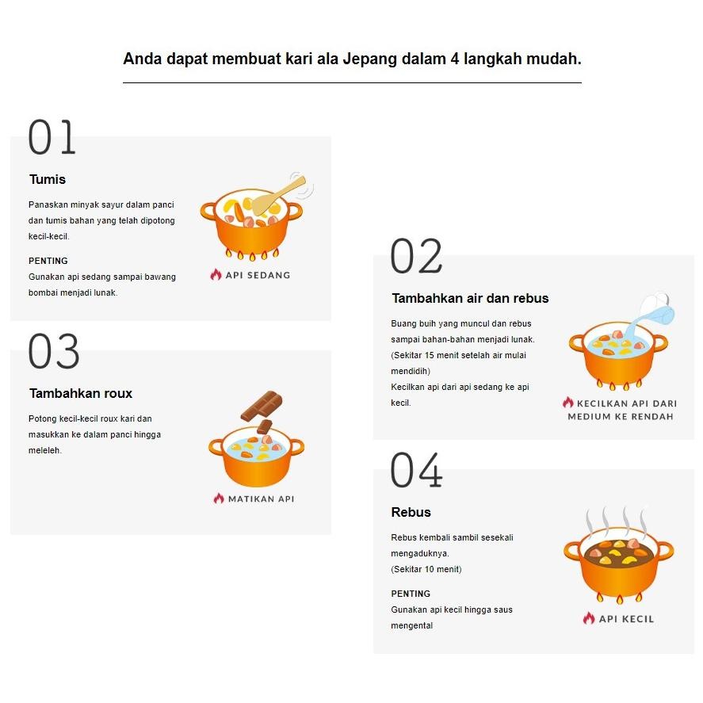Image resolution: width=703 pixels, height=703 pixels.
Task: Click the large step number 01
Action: (x=52, y=138)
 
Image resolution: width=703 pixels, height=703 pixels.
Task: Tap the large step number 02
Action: (x=416, y=257)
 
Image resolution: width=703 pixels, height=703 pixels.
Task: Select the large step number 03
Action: (x=54, y=352)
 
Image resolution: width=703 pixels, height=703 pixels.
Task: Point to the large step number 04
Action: (x=416, y=471)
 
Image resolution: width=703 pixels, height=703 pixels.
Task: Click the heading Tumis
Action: (x=48, y=179)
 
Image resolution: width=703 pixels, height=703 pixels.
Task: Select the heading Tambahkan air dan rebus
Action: (x=470, y=299)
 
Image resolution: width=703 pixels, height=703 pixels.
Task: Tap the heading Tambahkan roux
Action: (x=81, y=393)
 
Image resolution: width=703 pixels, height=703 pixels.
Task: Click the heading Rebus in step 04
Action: (x=411, y=512)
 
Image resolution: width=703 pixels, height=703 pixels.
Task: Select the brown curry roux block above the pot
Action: (x=262, y=405)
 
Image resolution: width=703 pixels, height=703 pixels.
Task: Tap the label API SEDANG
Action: (x=258, y=275)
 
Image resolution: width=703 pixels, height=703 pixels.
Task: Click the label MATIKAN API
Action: (x=261, y=499)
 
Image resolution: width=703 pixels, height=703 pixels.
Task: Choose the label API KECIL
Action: (x=626, y=619)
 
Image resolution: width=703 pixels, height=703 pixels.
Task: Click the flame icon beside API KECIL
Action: (x=589, y=618)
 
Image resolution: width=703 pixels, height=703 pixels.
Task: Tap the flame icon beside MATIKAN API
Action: (x=219, y=499)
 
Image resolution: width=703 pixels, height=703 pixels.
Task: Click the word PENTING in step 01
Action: (x=48, y=261)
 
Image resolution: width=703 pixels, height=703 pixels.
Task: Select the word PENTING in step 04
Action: (x=411, y=594)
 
